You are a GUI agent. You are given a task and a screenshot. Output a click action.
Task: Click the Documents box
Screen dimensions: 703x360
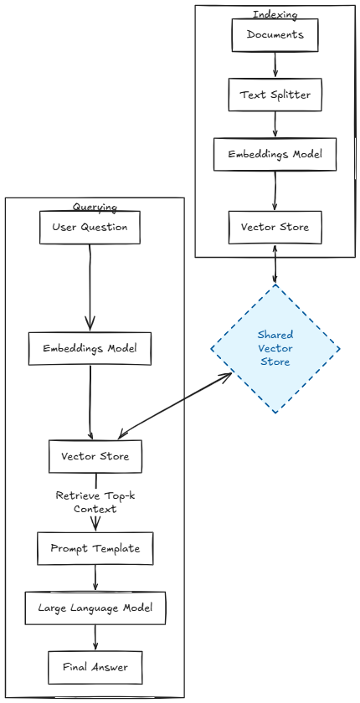click(x=275, y=34)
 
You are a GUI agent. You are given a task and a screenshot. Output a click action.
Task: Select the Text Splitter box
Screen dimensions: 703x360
click(x=275, y=95)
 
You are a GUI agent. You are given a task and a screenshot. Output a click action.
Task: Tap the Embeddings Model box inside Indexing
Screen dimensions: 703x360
click(x=275, y=155)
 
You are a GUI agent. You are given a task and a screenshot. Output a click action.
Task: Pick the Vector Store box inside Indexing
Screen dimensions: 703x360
click(x=275, y=226)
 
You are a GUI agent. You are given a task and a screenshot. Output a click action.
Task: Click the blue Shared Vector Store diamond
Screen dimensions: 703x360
click(x=275, y=348)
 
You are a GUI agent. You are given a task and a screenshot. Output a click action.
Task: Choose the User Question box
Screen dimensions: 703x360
click(x=90, y=226)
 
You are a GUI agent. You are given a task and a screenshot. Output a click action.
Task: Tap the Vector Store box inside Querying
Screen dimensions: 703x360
click(x=94, y=456)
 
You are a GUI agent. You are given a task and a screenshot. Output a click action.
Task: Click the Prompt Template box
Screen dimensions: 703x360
click(x=95, y=548)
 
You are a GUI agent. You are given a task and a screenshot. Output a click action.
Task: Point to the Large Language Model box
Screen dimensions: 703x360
click(x=95, y=607)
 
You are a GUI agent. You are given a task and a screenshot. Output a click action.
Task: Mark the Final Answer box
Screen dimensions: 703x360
click(x=95, y=667)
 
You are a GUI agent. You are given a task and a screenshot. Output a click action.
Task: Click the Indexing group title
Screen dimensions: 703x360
click(x=275, y=14)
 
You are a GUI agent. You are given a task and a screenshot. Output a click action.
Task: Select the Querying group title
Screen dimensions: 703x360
click(x=95, y=207)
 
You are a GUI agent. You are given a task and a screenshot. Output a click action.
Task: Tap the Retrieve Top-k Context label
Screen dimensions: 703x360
click(x=95, y=502)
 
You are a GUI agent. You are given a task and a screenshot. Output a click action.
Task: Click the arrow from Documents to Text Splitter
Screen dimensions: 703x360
click(x=275, y=64)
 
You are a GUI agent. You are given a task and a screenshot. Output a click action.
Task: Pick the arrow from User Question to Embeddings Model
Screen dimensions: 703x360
click(x=90, y=285)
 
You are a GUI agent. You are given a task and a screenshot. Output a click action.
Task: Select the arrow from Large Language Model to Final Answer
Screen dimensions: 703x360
click(x=95, y=637)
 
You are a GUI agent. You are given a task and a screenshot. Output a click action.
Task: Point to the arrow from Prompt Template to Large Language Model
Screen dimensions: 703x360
click(x=95, y=577)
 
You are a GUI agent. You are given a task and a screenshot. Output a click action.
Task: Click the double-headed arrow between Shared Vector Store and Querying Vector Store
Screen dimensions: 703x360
click(x=176, y=406)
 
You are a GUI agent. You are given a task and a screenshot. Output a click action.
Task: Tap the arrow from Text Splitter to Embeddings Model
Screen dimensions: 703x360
click(x=275, y=125)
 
